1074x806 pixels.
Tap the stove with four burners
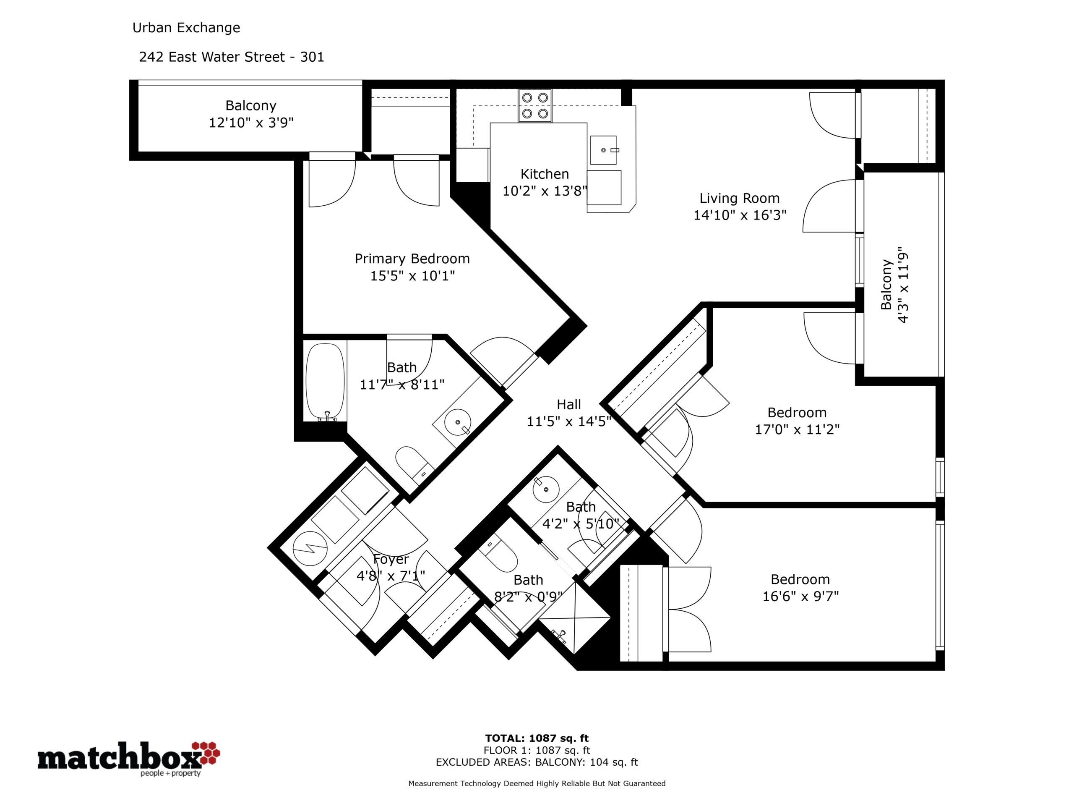click(x=534, y=105)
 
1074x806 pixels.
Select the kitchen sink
click(x=604, y=150)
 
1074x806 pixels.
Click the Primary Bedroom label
click(x=412, y=259)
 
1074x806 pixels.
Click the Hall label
click(x=568, y=404)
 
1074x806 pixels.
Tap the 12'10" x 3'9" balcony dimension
click(x=251, y=123)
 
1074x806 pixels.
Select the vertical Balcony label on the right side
click(x=886, y=285)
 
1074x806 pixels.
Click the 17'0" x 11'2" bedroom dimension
click(x=797, y=429)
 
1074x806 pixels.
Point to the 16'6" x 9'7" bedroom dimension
click(x=800, y=596)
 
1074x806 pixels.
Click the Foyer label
click(x=391, y=560)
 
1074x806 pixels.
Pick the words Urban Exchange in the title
click(x=186, y=28)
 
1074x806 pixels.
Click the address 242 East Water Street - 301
click(x=232, y=57)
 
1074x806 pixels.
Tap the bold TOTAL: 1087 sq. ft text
click(x=537, y=738)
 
